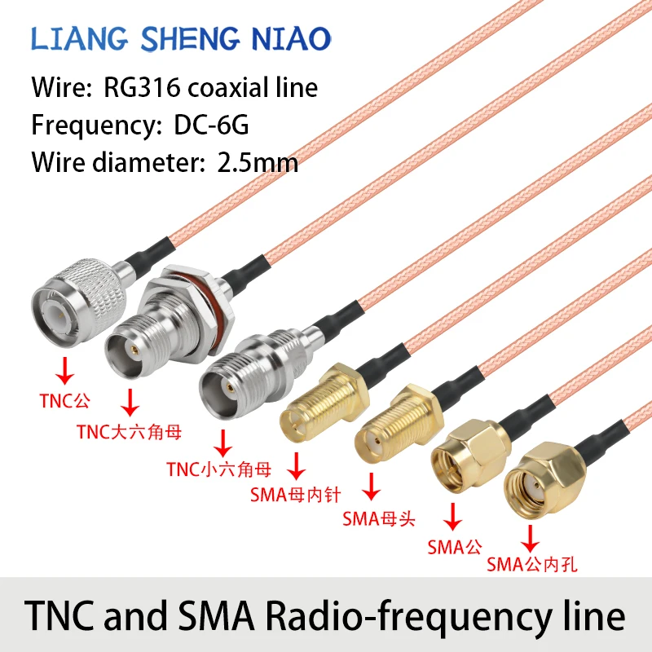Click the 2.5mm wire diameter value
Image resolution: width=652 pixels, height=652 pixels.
[x=258, y=162]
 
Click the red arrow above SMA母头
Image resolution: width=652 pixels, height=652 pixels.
[x=372, y=487]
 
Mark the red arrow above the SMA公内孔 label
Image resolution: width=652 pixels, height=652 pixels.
[x=531, y=537]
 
